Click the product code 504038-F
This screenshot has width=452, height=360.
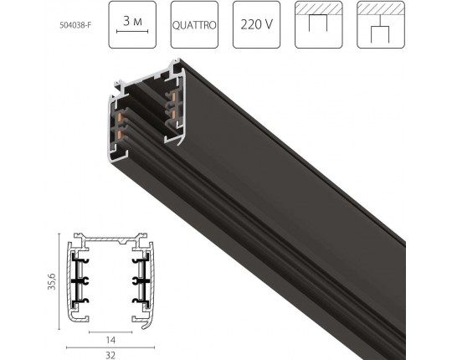point(75,25)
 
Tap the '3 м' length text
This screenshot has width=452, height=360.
point(132,21)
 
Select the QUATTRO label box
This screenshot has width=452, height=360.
point(194,25)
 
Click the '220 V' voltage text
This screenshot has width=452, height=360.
point(256,24)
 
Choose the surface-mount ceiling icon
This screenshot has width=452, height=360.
point(319,25)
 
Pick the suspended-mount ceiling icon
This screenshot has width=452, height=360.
point(381,25)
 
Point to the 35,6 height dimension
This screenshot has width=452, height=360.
point(52,281)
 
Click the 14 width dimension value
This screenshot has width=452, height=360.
point(110,341)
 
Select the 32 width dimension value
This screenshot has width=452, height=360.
point(110,355)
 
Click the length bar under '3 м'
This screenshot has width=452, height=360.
point(132,31)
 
